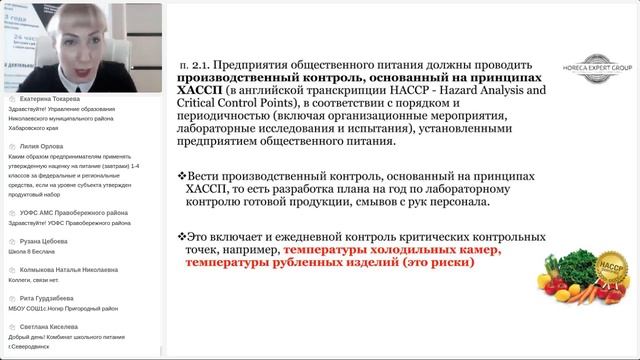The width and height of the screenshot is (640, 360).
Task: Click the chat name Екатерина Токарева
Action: tap(49, 101)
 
